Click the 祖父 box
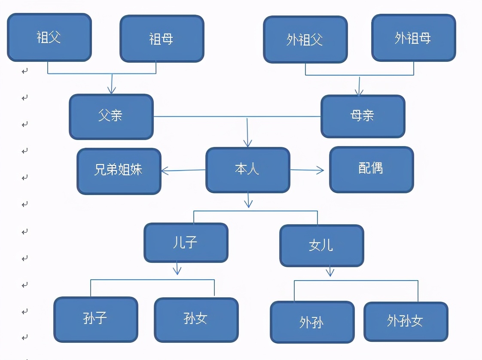point(49,37)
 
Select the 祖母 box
point(162,39)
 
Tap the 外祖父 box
point(305,40)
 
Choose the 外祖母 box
point(413,38)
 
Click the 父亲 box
point(111,116)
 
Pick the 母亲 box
point(363,116)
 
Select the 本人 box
point(247,170)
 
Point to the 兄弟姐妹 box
point(119,171)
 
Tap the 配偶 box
point(371,169)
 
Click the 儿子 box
point(186,243)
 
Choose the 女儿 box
point(321,245)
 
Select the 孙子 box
point(95,319)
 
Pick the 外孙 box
point(312,322)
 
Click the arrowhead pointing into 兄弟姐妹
point(165,171)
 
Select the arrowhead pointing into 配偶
point(320,170)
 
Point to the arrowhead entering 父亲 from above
point(112,91)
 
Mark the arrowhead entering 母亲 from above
point(359,92)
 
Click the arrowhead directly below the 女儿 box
point(330,273)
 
